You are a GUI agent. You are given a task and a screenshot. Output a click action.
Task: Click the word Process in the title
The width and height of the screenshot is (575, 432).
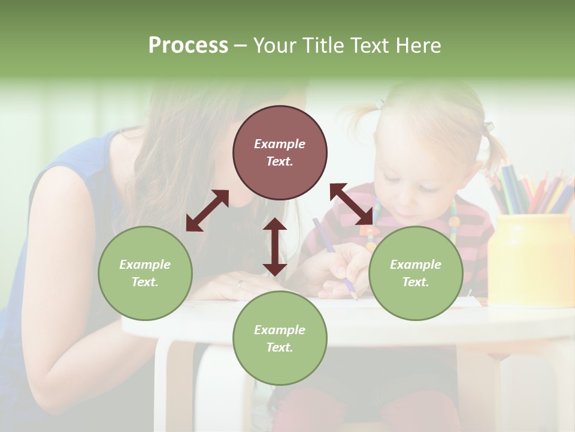pos(188,46)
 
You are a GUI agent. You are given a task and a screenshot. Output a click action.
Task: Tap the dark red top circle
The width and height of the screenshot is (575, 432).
pos(280,152)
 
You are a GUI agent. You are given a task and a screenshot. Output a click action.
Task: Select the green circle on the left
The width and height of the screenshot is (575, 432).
pos(145,273)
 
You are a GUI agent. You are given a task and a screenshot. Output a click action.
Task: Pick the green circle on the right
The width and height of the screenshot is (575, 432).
pos(416,273)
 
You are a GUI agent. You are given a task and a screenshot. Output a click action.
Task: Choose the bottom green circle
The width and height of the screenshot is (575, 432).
pos(280,338)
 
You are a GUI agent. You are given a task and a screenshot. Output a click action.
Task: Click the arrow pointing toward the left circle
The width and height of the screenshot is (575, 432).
pos(207,211)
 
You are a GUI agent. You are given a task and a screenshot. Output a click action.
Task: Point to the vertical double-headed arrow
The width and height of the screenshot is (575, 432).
pos(275,247)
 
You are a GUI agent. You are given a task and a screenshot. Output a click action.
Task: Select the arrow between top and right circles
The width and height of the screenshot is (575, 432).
pos(351,204)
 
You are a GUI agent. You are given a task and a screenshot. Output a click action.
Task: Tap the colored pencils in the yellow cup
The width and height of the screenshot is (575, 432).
pos(527,189)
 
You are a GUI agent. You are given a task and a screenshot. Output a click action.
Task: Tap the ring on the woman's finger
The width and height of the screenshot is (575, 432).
pos(240,283)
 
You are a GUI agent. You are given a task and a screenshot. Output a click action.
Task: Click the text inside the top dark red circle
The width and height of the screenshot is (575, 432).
pos(280,152)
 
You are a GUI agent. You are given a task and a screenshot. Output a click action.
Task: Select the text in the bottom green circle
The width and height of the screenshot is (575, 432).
pos(280,338)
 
